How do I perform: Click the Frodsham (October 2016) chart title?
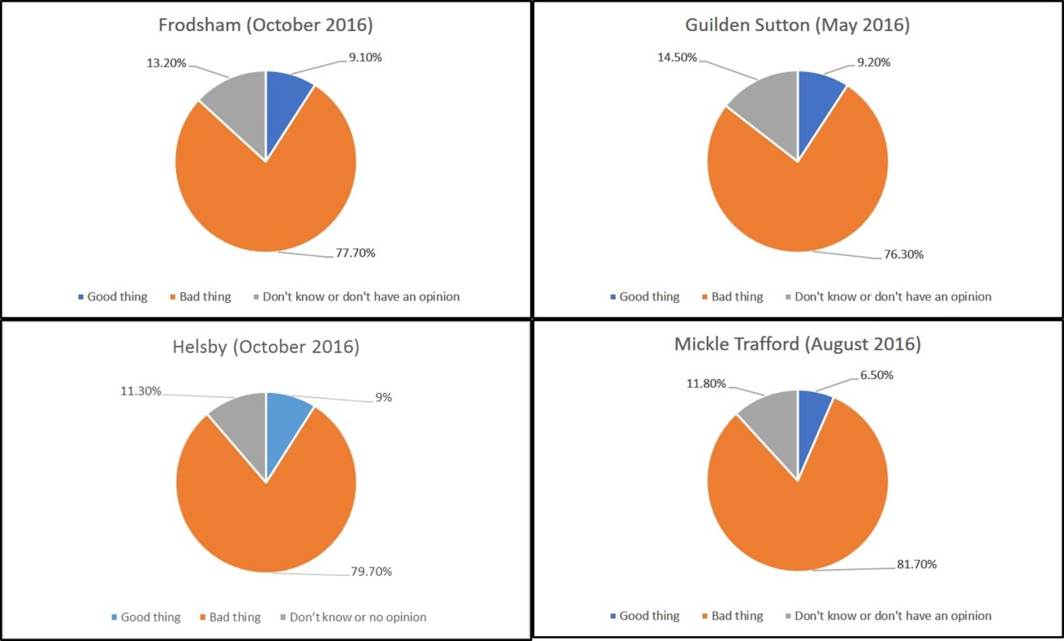tap(265, 25)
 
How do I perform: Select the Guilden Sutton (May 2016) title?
tap(797, 25)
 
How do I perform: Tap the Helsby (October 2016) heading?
tap(265, 346)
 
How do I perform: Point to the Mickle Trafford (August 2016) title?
tap(797, 344)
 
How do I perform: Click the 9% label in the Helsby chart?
tap(383, 397)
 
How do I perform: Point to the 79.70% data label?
tap(367, 571)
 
